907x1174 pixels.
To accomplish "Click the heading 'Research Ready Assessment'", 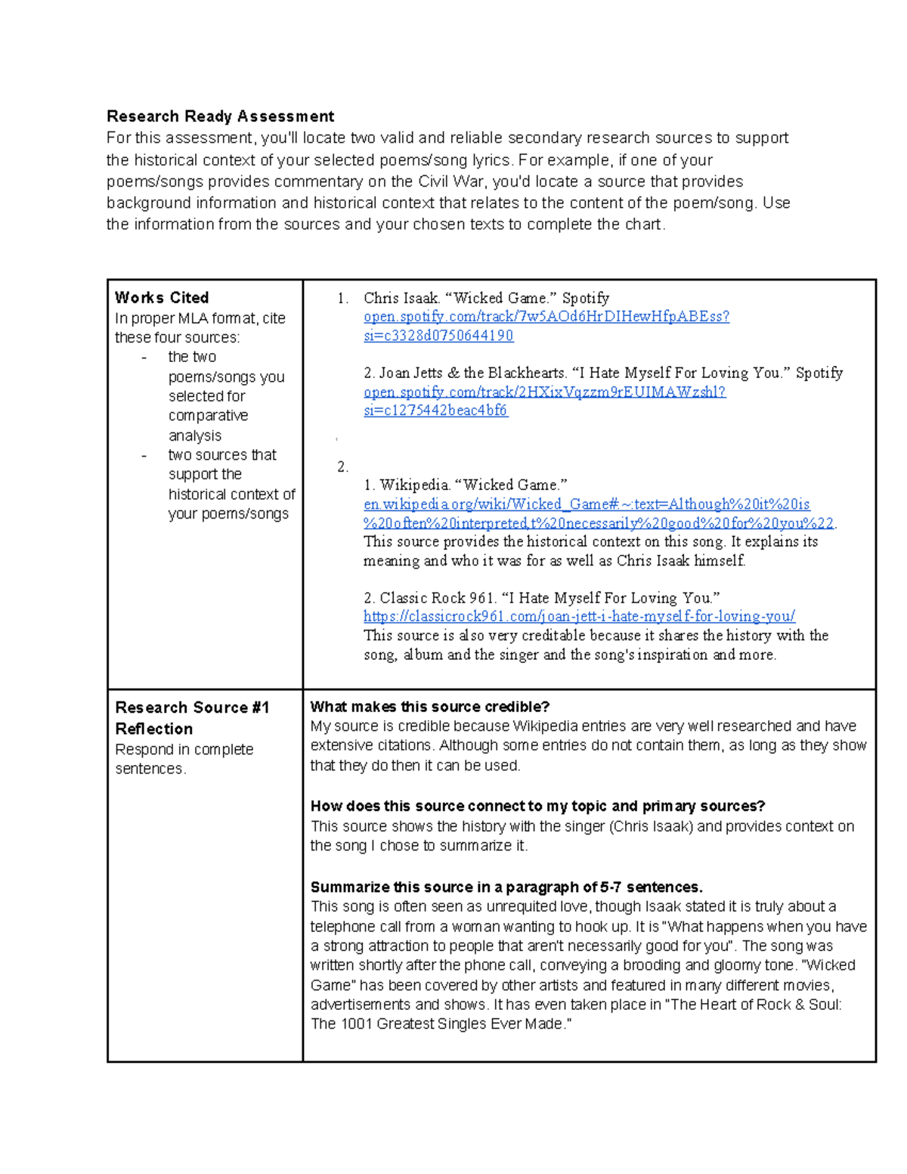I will pyautogui.click(x=220, y=116).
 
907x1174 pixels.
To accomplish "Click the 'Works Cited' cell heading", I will pyautogui.click(x=162, y=298).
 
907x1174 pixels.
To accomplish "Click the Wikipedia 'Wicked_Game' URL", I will pyautogui.click(x=587, y=504).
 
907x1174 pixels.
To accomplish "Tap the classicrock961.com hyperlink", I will pyautogui.click(x=579, y=616).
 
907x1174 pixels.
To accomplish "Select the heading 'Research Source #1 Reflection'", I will pyautogui.click(x=192, y=717).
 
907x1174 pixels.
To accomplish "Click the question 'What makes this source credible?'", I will pyautogui.click(x=429, y=707).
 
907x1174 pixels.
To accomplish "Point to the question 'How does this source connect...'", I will pyautogui.click(x=537, y=806).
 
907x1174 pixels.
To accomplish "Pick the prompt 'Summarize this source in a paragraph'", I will pyautogui.click(x=506, y=887).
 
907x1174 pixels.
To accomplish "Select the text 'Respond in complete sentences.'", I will pyautogui.click(x=184, y=759).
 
